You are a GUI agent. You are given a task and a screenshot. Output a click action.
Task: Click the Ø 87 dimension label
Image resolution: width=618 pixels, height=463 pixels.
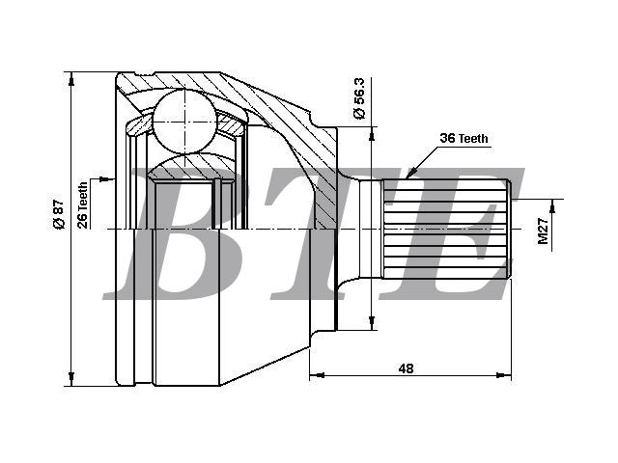click(x=58, y=214)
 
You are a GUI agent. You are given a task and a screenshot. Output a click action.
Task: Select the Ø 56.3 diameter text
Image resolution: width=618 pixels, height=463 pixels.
click(x=359, y=98)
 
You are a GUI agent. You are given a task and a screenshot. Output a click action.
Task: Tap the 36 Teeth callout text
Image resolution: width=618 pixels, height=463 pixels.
click(x=463, y=138)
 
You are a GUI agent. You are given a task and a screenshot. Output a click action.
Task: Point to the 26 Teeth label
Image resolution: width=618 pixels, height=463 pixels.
click(x=83, y=205)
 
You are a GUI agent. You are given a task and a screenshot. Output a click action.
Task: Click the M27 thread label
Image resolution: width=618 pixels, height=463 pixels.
click(x=543, y=231)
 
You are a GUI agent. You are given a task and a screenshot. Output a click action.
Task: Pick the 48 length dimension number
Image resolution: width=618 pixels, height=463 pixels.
click(x=406, y=368)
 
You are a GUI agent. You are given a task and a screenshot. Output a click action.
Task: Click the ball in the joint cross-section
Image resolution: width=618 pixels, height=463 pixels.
click(x=184, y=122)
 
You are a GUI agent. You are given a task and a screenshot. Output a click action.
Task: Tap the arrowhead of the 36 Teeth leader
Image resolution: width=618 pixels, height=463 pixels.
click(x=411, y=173)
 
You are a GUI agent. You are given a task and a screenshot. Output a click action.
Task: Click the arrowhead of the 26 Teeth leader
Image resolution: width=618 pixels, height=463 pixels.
click(x=105, y=179)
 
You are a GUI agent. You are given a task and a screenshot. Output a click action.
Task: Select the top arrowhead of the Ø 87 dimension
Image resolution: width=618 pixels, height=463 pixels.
click(x=70, y=79)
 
